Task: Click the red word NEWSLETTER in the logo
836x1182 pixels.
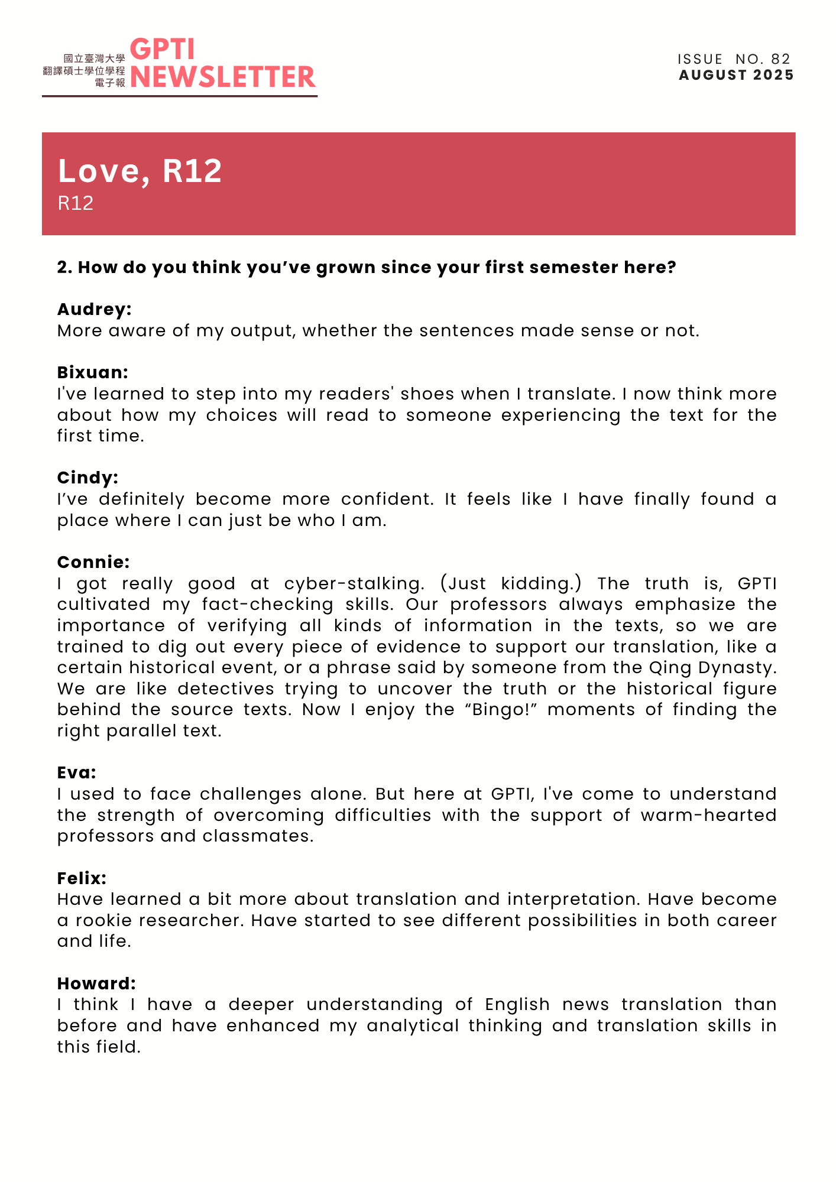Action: tap(222, 77)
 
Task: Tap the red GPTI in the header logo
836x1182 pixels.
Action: tap(162, 50)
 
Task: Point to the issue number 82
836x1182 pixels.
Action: tap(780, 59)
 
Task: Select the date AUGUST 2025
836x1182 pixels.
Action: tap(736, 75)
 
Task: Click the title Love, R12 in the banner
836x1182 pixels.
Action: tap(140, 171)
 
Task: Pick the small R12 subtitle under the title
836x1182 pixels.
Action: tap(76, 203)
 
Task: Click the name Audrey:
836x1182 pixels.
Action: tap(95, 309)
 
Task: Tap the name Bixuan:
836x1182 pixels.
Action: tap(93, 372)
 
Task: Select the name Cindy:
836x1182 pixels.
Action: tap(88, 478)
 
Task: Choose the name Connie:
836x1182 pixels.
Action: tap(93, 562)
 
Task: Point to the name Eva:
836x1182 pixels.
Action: tap(77, 772)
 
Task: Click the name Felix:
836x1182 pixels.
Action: tap(82, 878)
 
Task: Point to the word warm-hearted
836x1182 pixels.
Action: tap(708, 815)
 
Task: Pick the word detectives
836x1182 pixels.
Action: tap(226, 689)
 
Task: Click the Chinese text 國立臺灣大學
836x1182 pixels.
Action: tap(95, 59)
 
